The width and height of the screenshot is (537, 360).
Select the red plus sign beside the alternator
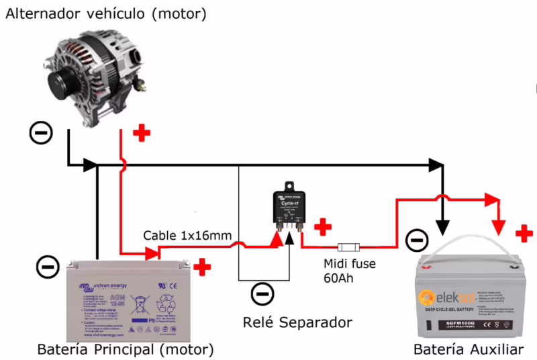[x=141, y=133]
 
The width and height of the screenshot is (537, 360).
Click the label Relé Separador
[x=297, y=322]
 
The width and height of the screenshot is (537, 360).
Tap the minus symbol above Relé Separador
[x=262, y=293]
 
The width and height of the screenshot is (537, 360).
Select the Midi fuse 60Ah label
[x=349, y=271]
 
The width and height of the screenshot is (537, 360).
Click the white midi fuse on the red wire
[x=350, y=246]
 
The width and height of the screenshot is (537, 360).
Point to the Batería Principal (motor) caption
[x=125, y=350]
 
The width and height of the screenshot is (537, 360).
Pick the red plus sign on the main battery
[x=201, y=267]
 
